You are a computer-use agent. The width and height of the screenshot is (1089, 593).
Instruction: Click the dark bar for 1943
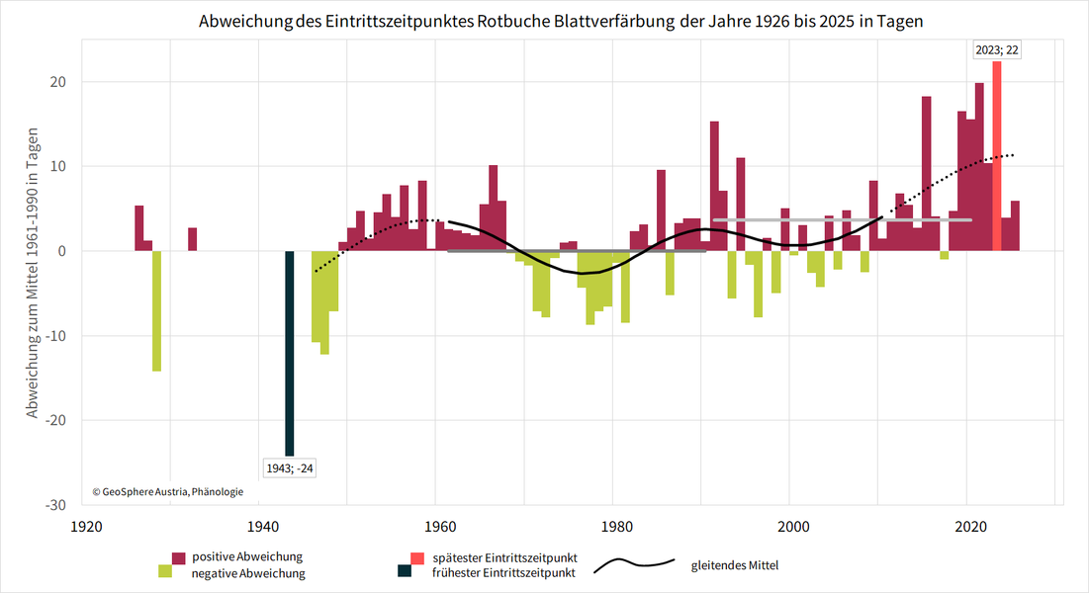[x=290, y=353]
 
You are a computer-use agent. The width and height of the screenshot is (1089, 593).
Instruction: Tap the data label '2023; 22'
[x=997, y=48]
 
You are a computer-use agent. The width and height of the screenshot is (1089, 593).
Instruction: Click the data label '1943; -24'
[x=290, y=467]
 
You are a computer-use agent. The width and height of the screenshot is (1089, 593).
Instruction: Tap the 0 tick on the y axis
[x=61, y=251]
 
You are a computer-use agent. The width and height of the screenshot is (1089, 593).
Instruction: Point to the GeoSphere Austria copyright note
[x=168, y=491]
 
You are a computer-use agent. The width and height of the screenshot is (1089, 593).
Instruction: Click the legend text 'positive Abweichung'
[x=247, y=556]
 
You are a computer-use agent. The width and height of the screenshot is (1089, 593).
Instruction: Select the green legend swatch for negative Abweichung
[x=165, y=571]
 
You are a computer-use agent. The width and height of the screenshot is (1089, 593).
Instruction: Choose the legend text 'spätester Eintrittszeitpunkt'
[x=504, y=556]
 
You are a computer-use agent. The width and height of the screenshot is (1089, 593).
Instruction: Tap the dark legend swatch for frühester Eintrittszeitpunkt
[x=404, y=571]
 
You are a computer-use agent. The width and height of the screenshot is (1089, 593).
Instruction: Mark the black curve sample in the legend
[x=633, y=564]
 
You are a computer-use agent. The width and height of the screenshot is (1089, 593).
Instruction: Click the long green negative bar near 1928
[x=156, y=310]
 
